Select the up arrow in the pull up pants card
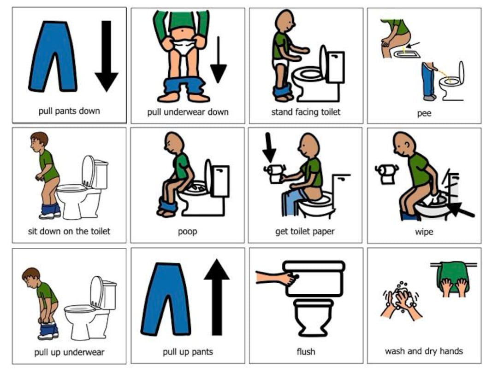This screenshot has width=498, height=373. coord(216,295)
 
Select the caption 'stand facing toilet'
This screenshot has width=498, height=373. coord(306,112)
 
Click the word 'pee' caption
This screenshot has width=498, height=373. coord(424,113)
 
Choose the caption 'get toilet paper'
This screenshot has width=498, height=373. coord(305,232)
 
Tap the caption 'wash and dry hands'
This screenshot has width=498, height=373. coord(424,351)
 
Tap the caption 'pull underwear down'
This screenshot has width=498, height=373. coord(188,112)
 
